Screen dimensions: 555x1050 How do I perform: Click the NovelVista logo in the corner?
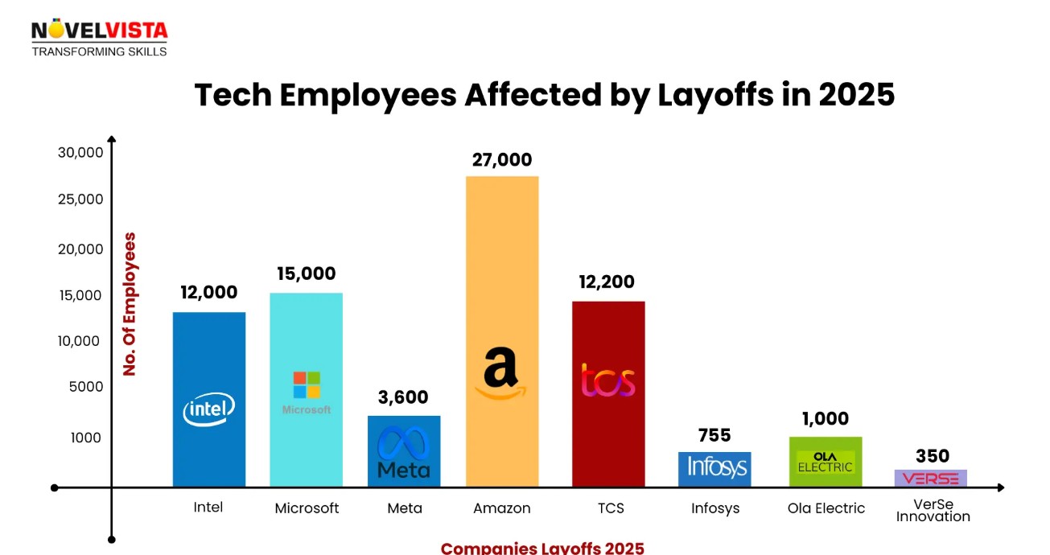[99, 39]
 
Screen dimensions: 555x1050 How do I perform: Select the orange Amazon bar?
[502, 265]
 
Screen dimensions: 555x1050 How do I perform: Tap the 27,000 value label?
[502, 160]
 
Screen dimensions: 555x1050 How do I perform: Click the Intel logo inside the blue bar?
[209, 409]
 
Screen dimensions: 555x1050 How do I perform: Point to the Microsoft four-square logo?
[307, 384]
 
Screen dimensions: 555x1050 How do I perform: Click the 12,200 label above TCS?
[607, 282]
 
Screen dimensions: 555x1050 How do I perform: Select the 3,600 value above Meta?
[404, 397]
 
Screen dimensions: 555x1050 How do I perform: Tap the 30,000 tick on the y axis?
[80, 153]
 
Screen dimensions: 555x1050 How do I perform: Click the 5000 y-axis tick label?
[85, 387]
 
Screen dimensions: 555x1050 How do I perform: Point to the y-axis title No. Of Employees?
[130, 304]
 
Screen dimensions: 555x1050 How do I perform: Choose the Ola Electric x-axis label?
[826, 508]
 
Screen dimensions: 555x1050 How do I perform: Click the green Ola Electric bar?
[826, 461]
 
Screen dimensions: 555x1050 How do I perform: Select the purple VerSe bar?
[931, 479]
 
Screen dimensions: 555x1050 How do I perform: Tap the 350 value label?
[933, 457]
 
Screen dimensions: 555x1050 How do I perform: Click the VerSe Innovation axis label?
[933, 511]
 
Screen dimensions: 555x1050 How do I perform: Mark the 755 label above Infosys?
[714, 436]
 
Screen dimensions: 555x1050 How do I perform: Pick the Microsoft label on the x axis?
[307, 508]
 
